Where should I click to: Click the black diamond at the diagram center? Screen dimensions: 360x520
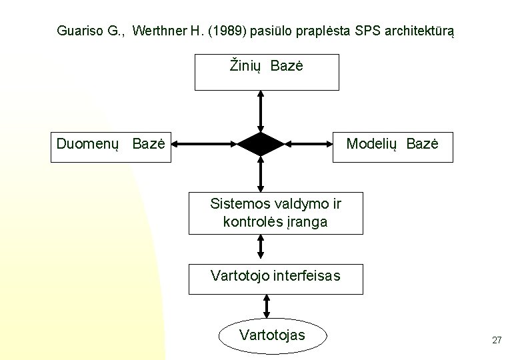click(x=261, y=143)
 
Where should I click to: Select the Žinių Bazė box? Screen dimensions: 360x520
click(x=267, y=72)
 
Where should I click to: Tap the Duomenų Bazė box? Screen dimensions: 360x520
click(x=111, y=143)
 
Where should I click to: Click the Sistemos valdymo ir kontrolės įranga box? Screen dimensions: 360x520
click(x=276, y=213)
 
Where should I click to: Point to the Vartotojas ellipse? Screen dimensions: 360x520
click(x=273, y=334)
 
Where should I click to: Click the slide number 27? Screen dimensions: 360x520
click(x=496, y=340)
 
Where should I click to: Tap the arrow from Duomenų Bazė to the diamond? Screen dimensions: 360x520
click(x=203, y=143)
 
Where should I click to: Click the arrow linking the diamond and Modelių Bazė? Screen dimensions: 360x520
click(x=307, y=143)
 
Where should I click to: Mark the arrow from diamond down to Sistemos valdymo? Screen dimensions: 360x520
click(x=261, y=175)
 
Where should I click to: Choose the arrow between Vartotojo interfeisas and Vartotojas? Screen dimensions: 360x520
click(x=267, y=307)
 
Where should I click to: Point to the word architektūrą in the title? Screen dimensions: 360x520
click(x=415, y=31)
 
